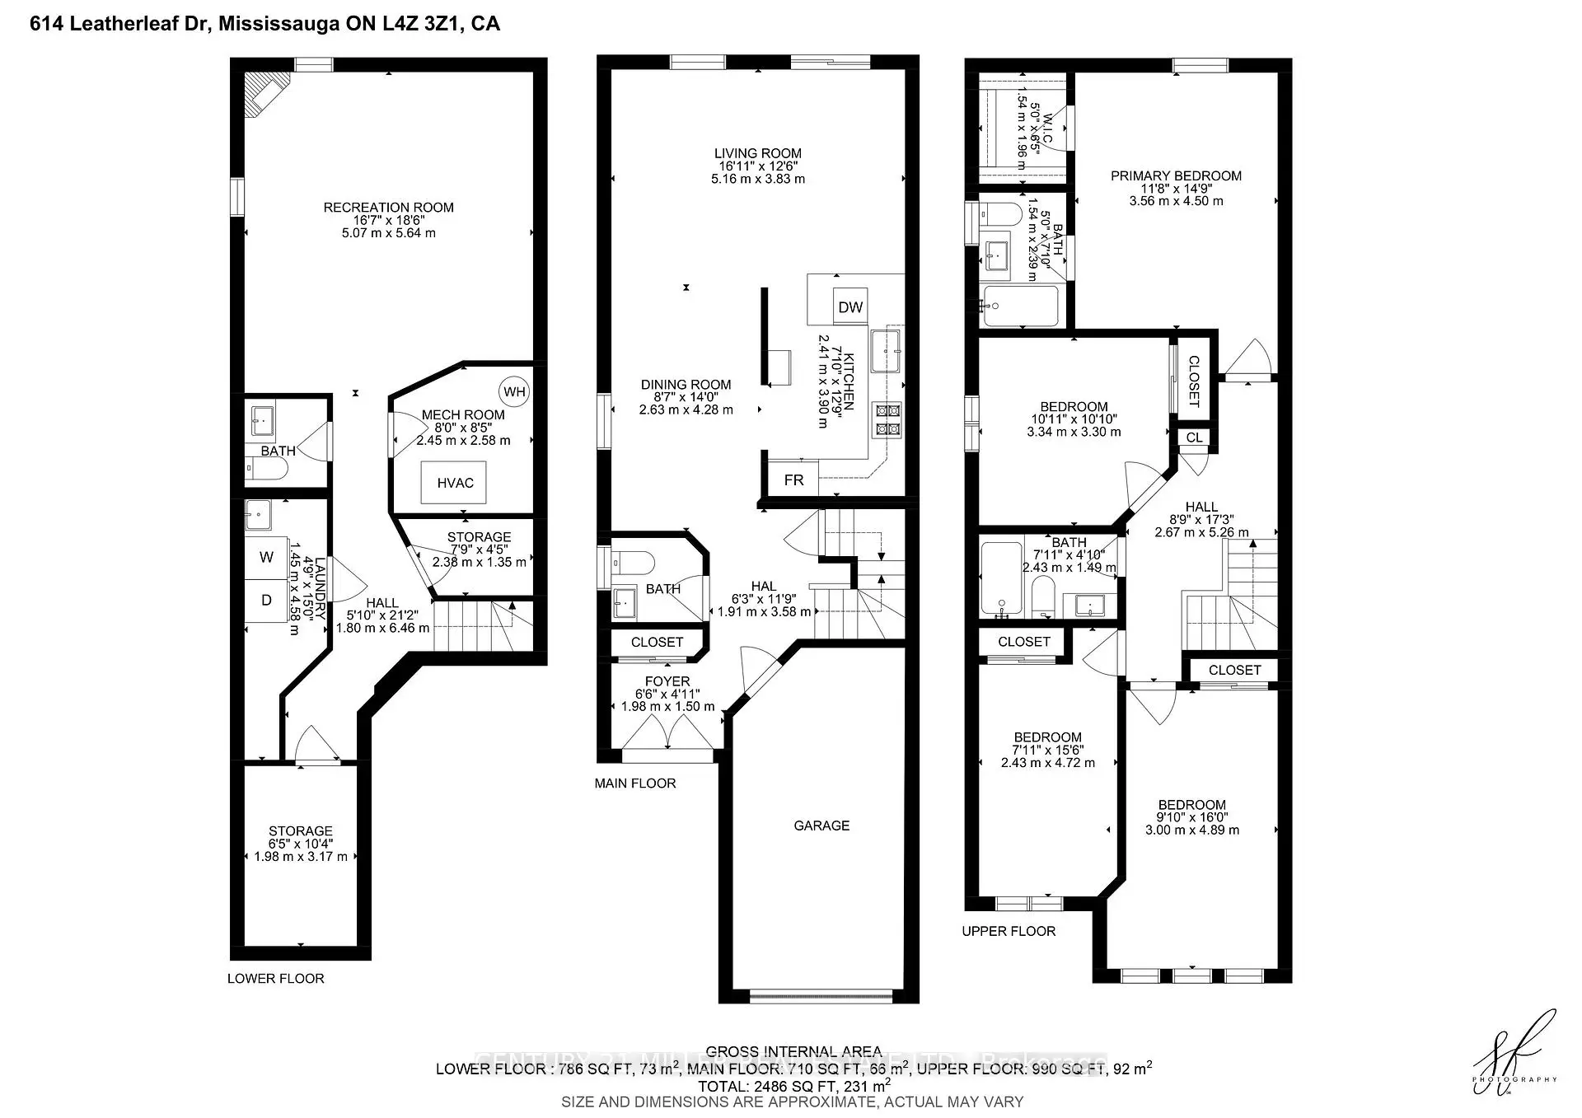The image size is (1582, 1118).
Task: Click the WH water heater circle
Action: pyautogui.click(x=514, y=392)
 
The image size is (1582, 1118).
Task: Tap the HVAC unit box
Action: pyautogui.click(x=455, y=483)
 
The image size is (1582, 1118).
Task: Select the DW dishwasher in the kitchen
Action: pyautogui.click(x=850, y=307)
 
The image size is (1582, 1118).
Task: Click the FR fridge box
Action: pyautogui.click(x=793, y=479)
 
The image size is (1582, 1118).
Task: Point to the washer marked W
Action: pyautogui.click(x=266, y=558)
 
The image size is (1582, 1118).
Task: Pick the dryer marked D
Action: pyautogui.click(x=266, y=601)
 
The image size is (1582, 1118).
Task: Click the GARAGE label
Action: pyautogui.click(x=821, y=826)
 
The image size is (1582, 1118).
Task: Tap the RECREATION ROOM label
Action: pyautogui.click(x=388, y=208)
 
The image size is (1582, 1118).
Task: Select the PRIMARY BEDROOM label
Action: pyautogui.click(x=1176, y=175)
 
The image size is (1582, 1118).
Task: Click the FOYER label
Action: pyautogui.click(x=667, y=681)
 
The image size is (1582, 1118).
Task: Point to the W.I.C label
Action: pyautogui.click(x=1047, y=128)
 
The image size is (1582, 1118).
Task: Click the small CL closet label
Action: pyautogui.click(x=1195, y=437)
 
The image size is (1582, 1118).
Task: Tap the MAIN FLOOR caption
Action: pyautogui.click(x=635, y=784)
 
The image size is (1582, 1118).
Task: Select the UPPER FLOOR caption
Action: pyautogui.click(x=1009, y=931)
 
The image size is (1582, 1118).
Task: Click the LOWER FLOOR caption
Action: pyautogui.click(x=276, y=979)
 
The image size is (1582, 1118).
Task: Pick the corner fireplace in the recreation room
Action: pyautogui.click(x=265, y=93)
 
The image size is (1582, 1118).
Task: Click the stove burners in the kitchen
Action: pyautogui.click(x=888, y=419)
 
